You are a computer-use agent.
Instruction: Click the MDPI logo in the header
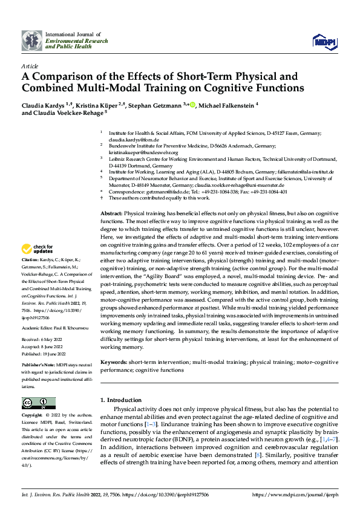pos(324,41)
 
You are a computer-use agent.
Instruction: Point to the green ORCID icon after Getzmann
pos(192,105)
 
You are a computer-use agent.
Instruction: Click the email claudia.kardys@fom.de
pos(125,139)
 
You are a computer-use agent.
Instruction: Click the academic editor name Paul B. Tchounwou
pos(68,326)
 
